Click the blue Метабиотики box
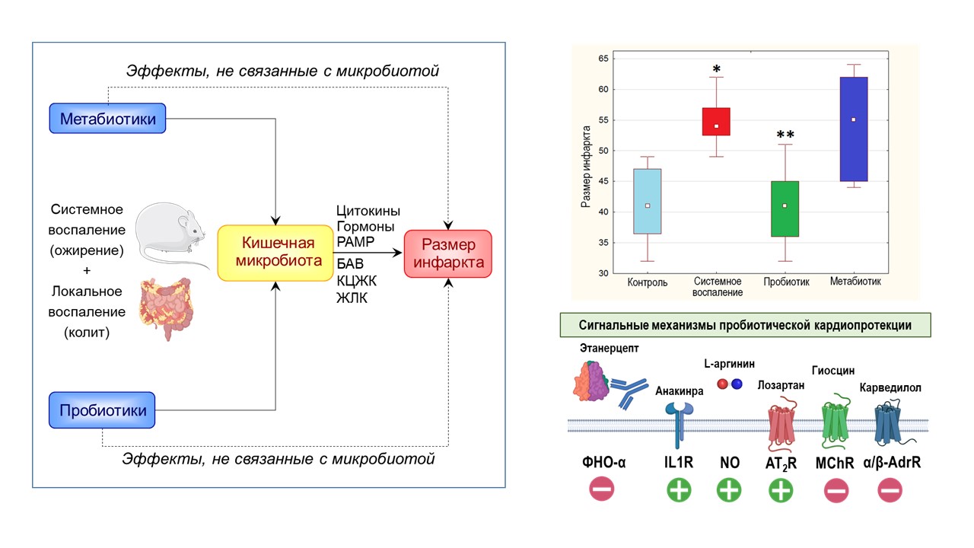point(107,119)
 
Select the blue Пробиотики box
point(102,409)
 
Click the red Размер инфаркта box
point(447,254)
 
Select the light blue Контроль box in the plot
point(648,201)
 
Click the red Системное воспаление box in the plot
point(716,122)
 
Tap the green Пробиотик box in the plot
point(785,209)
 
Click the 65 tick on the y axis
point(603,59)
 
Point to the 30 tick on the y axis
point(603,273)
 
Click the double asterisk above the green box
point(785,135)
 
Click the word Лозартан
point(781,386)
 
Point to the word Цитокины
point(368,212)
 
